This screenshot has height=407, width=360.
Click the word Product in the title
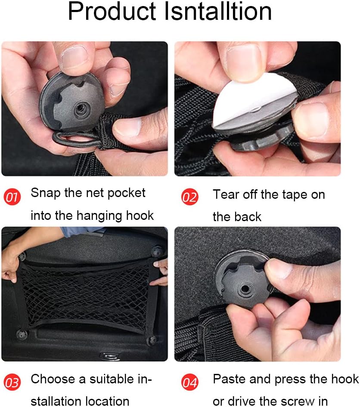tap(112, 12)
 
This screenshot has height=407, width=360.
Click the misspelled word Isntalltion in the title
tap(218, 12)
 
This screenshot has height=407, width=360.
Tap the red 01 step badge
tap(12, 197)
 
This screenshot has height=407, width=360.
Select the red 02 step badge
tap(189, 197)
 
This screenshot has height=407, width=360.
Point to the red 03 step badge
tap(12, 382)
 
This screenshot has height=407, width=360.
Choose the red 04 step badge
tap(189, 382)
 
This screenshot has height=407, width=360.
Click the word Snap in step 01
tap(46, 193)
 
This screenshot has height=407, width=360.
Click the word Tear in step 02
tap(226, 194)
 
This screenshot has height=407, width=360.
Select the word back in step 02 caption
tap(248, 217)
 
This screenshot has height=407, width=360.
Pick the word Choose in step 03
tap(53, 379)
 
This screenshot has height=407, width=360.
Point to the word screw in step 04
tap(298, 401)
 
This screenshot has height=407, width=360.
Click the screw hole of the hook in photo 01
tap(81, 109)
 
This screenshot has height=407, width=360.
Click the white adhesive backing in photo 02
tap(253, 100)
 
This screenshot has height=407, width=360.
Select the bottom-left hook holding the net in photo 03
tap(22, 335)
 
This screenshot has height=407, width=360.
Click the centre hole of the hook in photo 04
tap(245, 289)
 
